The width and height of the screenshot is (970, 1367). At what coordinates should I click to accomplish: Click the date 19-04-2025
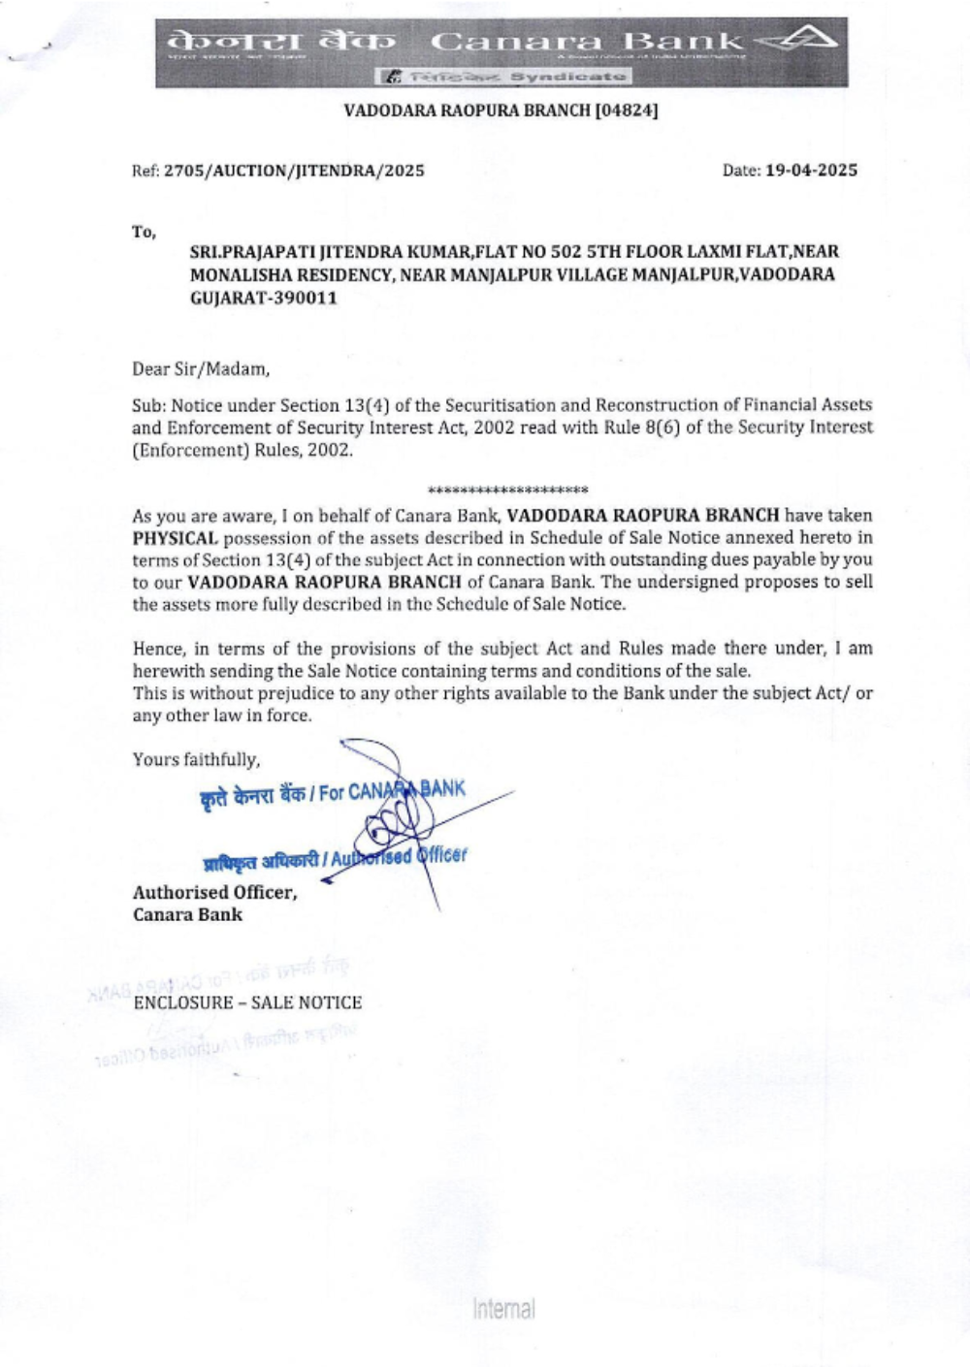(811, 171)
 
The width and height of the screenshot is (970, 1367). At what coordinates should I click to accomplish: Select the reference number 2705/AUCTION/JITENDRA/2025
(294, 171)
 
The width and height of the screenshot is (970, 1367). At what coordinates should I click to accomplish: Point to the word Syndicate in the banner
(567, 76)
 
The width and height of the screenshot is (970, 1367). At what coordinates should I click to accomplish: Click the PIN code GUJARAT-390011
(264, 298)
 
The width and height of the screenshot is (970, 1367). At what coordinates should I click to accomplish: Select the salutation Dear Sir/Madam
(201, 368)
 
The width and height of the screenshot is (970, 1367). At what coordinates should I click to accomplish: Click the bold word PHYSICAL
(175, 538)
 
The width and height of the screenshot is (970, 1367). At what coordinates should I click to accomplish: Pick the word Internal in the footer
(503, 1309)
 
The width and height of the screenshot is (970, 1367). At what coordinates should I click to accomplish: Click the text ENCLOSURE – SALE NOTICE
(247, 1002)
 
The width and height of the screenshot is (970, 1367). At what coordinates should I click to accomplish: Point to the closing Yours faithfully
(196, 759)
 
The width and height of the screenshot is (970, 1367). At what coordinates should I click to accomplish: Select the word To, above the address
(144, 232)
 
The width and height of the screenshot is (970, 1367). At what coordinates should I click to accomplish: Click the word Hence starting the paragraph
(155, 649)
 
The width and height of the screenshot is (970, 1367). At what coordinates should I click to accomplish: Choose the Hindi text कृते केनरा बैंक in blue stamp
(252, 797)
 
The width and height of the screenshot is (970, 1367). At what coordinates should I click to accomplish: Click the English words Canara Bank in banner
(586, 41)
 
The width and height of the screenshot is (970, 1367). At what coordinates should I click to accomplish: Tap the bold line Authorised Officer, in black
(214, 892)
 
